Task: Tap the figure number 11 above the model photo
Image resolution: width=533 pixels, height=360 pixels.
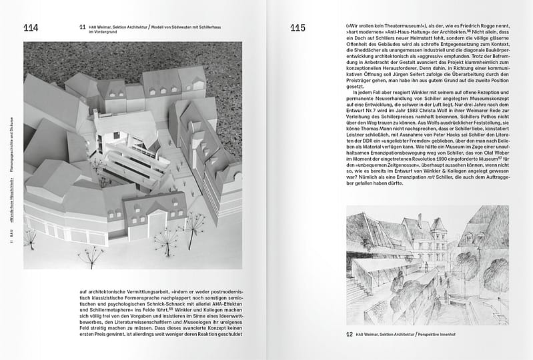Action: (x=82, y=27)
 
